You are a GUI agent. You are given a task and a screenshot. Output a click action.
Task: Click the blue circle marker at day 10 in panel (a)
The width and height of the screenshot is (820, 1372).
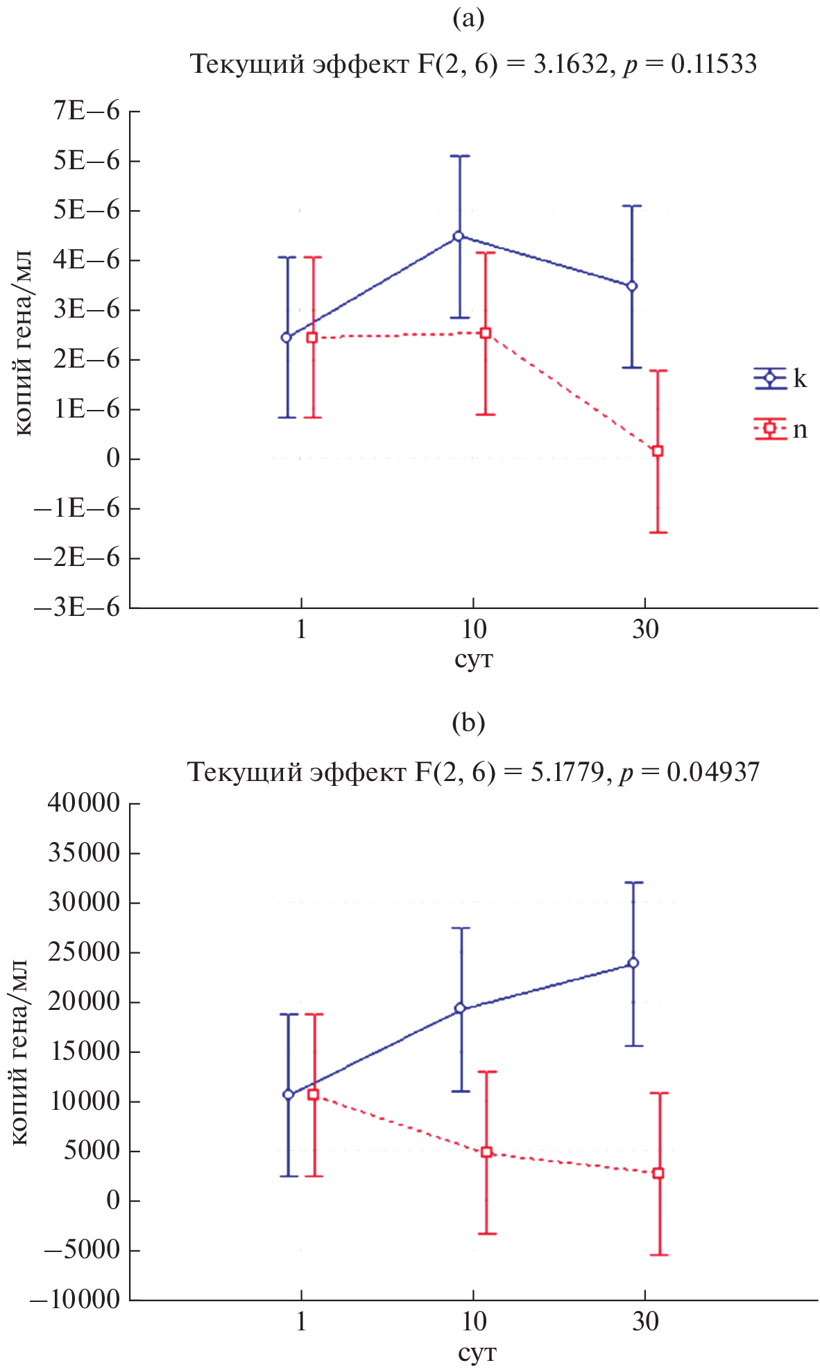click(x=458, y=236)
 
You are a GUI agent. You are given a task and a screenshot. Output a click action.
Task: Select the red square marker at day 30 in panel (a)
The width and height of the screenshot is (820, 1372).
click(x=658, y=451)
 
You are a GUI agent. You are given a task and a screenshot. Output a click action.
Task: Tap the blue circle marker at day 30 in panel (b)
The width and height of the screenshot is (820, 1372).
click(x=633, y=963)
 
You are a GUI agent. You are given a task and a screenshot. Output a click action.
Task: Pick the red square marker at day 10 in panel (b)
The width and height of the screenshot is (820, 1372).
click(x=486, y=1152)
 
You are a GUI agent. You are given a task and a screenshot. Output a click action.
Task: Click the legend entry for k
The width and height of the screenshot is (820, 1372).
click(x=780, y=379)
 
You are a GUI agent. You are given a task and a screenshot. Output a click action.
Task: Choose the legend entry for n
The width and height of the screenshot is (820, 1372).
click(x=780, y=429)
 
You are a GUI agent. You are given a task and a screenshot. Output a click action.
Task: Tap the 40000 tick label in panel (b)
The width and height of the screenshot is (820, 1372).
click(x=84, y=803)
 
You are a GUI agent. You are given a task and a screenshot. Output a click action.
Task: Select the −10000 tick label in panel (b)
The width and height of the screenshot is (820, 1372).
click(x=75, y=1299)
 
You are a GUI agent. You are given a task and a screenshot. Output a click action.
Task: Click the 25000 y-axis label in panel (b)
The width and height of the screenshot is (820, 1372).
click(x=84, y=952)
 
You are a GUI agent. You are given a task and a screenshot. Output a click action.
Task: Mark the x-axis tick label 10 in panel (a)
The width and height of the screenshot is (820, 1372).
click(x=474, y=630)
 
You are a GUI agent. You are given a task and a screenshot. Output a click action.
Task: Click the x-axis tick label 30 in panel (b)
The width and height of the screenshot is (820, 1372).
click(x=645, y=1321)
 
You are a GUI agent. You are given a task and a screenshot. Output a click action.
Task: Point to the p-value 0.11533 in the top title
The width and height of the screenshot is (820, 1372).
click(x=714, y=65)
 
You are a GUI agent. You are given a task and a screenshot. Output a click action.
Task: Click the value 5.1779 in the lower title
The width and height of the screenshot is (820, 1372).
click(x=568, y=772)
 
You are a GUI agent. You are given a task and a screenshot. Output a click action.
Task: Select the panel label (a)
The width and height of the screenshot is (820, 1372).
click(x=468, y=19)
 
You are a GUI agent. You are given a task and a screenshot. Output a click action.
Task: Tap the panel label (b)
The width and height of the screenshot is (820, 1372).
click(x=468, y=723)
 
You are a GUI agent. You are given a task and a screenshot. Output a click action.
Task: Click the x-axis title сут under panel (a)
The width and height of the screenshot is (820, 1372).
click(x=474, y=658)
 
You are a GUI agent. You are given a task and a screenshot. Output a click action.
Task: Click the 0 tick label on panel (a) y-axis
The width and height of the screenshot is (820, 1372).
click(x=113, y=458)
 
